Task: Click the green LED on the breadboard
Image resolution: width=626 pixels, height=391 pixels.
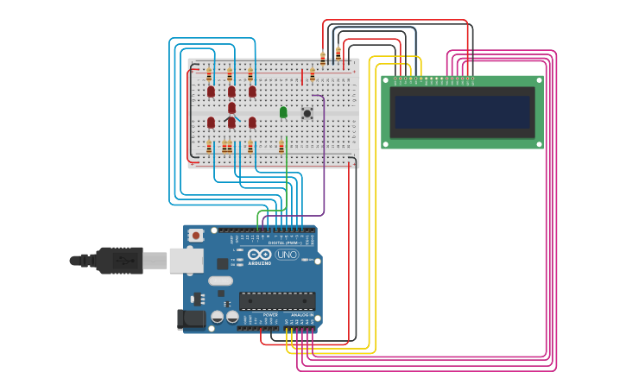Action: click(283, 112)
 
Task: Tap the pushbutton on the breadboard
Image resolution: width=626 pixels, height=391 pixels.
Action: click(307, 113)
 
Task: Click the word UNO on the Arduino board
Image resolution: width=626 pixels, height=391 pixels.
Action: click(287, 255)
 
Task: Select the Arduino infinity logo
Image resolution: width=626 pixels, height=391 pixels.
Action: click(260, 254)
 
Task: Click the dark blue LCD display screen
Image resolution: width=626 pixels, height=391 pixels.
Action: click(461, 111)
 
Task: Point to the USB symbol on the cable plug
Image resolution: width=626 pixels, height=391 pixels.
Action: click(126, 258)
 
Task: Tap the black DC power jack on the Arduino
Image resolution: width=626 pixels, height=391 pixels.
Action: click(192, 318)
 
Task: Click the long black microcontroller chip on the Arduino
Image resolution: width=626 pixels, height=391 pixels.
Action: click(277, 301)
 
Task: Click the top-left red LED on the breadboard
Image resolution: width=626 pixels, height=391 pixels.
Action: click(211, 91)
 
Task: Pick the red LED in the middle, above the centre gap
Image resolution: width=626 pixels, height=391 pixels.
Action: click(231, 107)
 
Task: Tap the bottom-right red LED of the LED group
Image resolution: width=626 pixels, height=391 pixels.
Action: click(252, 123)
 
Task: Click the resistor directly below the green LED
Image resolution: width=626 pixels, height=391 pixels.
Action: click(281, 146)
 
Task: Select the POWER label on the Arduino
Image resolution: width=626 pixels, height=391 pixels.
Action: click(270, 315)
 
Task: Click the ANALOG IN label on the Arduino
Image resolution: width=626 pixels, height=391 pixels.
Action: click(302, 315)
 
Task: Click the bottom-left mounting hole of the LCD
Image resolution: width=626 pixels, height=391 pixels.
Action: click(388, 143)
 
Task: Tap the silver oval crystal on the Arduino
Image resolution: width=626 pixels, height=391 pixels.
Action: click(220, 281)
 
